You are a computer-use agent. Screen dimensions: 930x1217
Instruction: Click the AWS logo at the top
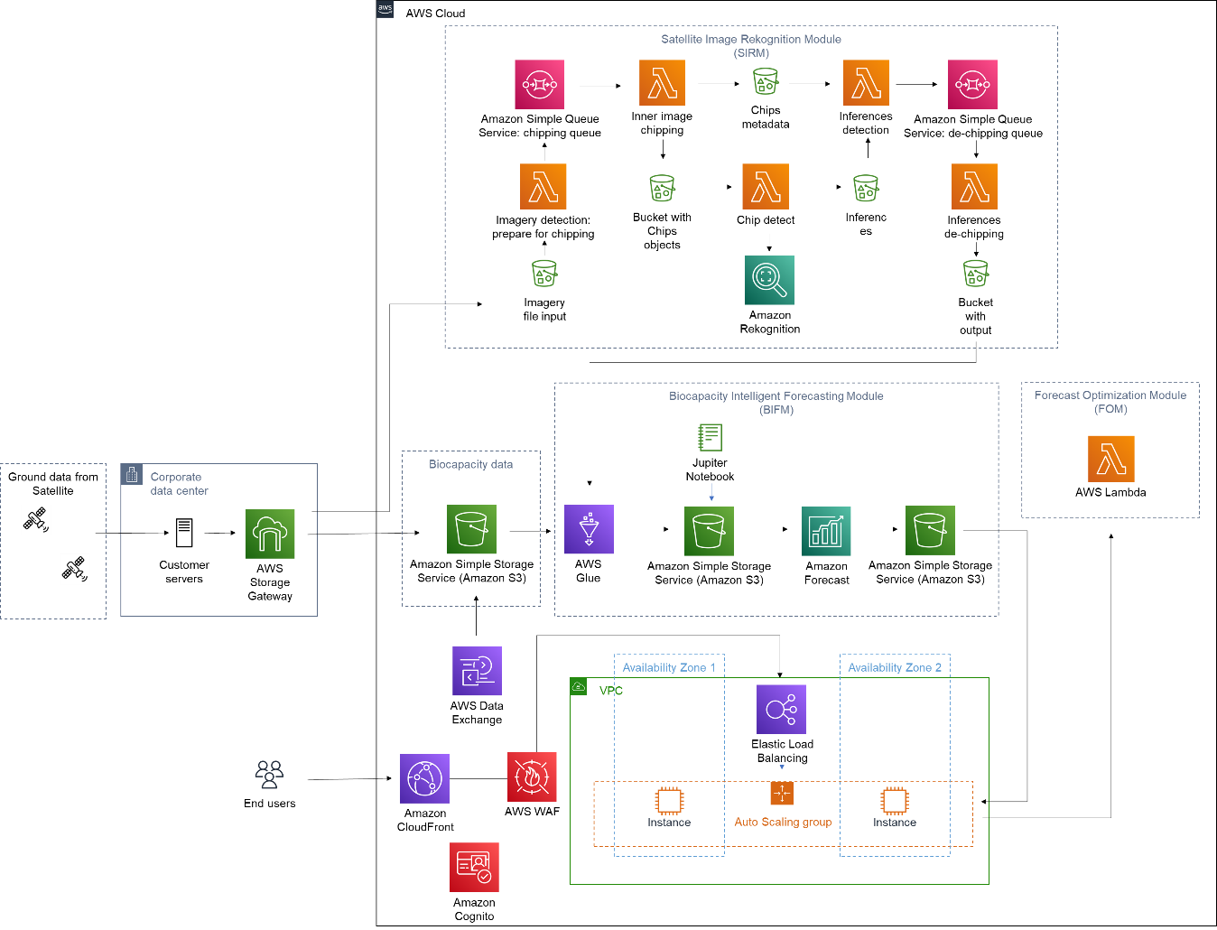[385, 9]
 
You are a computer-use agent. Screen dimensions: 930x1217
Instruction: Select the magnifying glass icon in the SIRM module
[769, 280]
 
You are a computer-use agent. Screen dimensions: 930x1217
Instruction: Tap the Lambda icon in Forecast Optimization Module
[1110, 459]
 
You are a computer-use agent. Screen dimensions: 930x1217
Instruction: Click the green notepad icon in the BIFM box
[710, 438]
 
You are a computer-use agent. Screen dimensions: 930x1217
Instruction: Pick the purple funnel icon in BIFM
[589, 529]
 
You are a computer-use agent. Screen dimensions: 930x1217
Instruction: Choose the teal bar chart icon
[826, 531]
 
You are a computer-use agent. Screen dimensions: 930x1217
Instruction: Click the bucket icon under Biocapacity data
[471, 529]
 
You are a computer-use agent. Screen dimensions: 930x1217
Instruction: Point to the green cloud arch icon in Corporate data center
[270, 534]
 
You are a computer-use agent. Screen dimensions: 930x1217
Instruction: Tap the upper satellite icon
[36, 520]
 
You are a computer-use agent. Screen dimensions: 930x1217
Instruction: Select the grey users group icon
[269, 774]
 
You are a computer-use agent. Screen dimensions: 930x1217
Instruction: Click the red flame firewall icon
[532, 777]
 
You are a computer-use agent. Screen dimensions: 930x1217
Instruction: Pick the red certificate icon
[474, 867]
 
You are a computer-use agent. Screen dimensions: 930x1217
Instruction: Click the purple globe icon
[424, 778]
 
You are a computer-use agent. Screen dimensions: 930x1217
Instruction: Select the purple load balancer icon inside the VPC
[781, 709]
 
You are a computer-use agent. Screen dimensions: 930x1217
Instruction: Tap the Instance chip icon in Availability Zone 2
[894, 801]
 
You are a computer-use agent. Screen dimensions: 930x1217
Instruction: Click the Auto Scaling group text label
[783, 823]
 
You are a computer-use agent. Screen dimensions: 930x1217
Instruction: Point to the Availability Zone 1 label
[668, 668]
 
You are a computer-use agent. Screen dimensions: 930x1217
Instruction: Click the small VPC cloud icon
[579, 687]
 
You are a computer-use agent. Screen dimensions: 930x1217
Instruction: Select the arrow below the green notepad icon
[711, 492]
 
